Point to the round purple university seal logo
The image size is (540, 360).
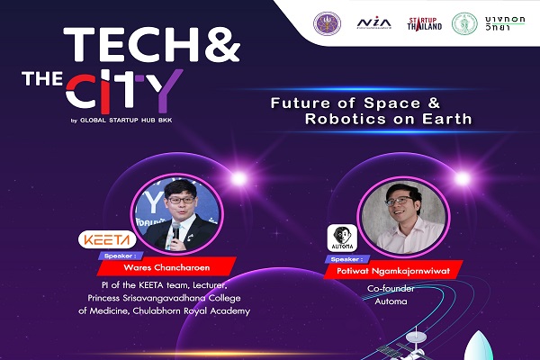324,22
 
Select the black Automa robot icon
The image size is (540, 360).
338,238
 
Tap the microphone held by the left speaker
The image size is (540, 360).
176,231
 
